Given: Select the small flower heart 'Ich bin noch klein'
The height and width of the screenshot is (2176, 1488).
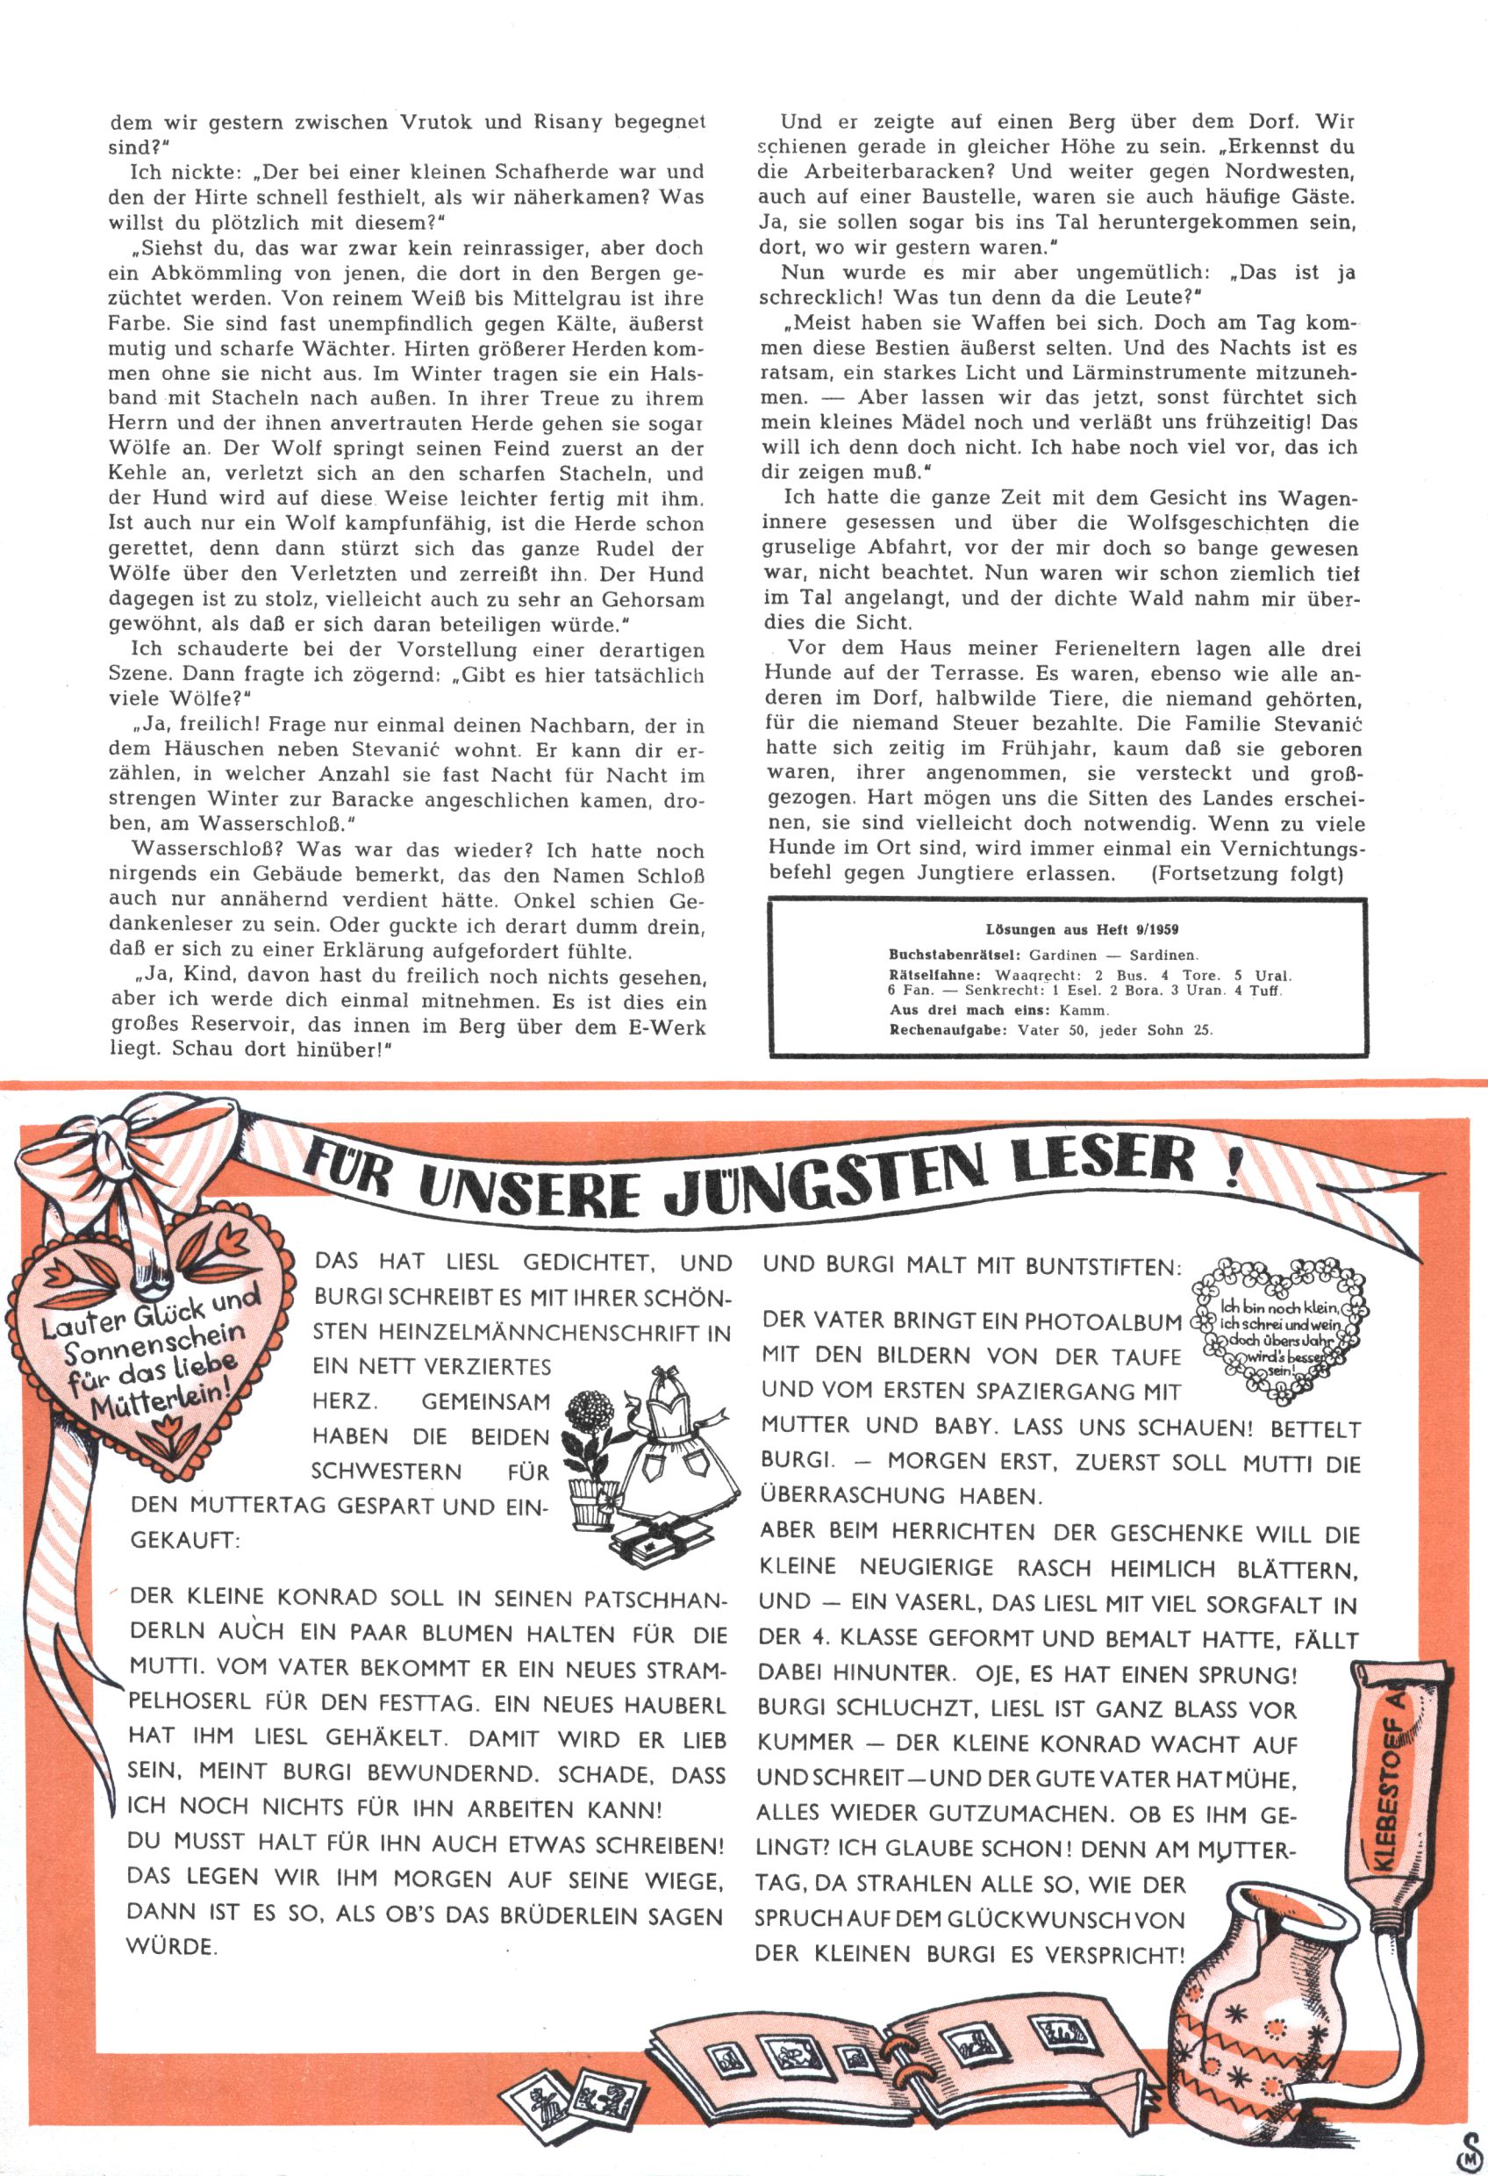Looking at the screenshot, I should click(1278, 1328).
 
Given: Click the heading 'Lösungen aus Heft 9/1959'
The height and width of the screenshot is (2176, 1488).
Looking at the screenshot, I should click(1082, 930).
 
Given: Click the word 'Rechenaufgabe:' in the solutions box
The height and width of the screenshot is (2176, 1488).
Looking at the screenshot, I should click(946, 1030).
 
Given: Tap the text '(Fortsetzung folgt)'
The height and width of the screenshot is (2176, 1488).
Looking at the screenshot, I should click(1248, 875).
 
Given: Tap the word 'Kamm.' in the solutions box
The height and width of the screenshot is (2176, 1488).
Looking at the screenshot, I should click(1084, 1011).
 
